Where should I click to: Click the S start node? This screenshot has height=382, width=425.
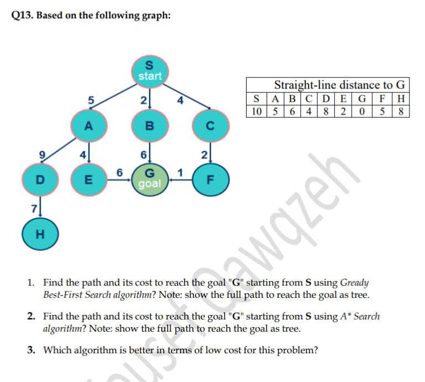149,70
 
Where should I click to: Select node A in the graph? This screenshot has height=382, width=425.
88,126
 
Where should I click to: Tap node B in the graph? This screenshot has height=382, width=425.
149,126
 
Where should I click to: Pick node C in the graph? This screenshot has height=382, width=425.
209,126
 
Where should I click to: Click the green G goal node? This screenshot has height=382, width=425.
149,179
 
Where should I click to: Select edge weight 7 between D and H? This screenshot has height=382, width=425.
33,208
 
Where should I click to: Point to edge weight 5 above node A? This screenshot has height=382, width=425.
90,100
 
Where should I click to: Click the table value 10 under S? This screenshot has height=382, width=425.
257,111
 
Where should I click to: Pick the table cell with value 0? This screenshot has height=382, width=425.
363,111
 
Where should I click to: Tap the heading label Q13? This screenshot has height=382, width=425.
22,16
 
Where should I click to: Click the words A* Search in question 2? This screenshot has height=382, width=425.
360,316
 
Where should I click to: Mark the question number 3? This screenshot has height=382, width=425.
32,350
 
